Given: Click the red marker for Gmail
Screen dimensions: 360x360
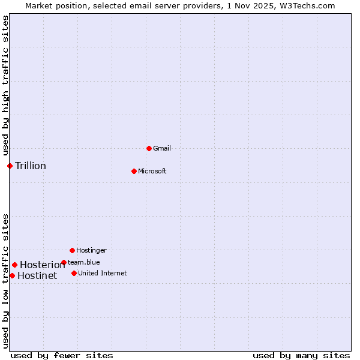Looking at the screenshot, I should [149, 148].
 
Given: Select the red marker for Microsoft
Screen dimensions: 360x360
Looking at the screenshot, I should [134, 171].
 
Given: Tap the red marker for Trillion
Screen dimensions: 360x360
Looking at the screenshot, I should [10, 166].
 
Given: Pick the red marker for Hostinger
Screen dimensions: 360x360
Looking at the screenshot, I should [72, 250].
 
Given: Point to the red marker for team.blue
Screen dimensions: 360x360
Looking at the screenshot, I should [64, 262].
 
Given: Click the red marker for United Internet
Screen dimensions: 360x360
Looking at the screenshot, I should [74, 273].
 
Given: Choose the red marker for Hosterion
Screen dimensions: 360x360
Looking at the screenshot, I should [14, 265].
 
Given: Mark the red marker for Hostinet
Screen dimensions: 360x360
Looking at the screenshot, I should [12, 275].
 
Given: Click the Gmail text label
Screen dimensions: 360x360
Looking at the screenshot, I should [162, 148].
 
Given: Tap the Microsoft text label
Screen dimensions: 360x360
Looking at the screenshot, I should [152, 171].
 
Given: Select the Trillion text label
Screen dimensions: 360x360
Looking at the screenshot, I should [31, 166].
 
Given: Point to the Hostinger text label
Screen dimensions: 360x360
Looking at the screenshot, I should [91, 250].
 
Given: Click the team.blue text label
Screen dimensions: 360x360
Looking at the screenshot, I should [84, 262].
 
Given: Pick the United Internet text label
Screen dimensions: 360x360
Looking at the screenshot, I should [102, 273].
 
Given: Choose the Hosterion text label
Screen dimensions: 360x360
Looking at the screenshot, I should [42, 265].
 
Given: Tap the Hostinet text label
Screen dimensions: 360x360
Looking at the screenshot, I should [37, 276].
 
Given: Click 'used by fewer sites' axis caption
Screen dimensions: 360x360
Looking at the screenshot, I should [62, 355].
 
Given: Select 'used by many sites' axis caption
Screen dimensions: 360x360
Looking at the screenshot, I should [301, 355].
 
